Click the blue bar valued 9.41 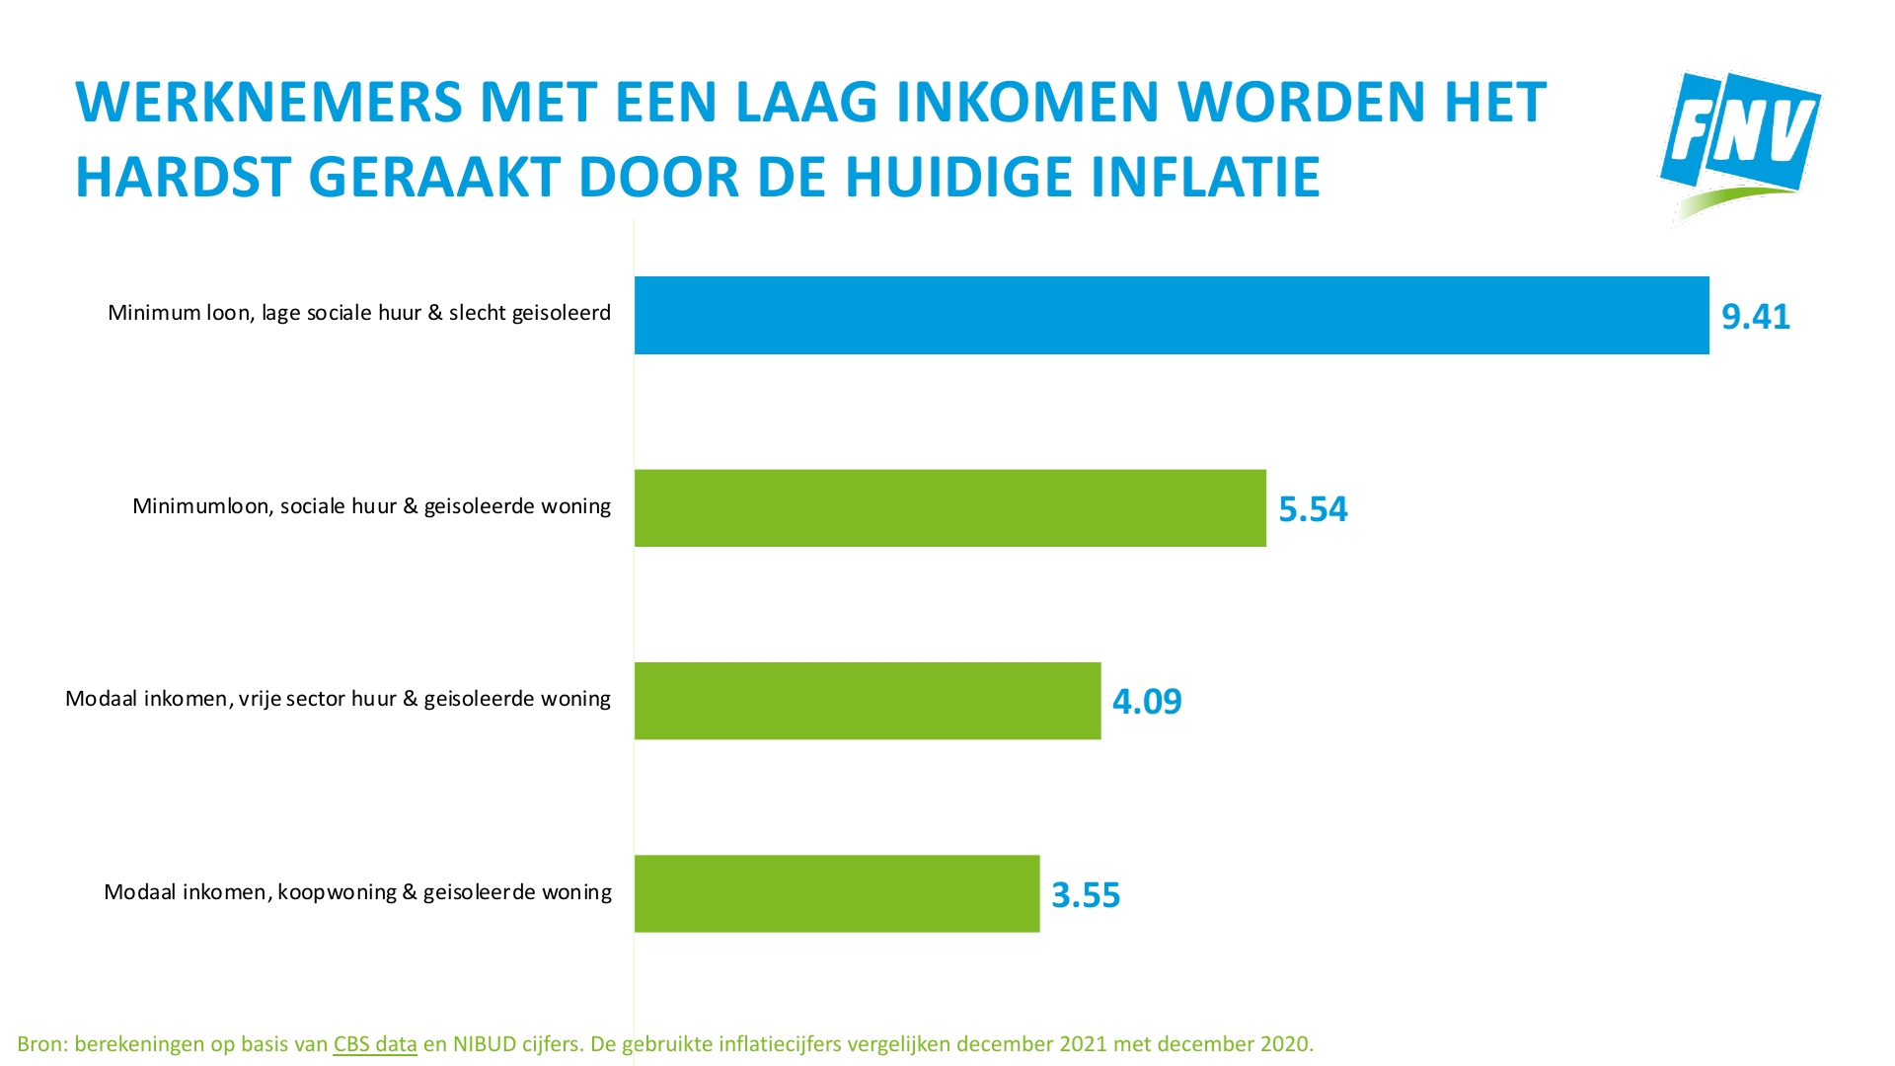1172,315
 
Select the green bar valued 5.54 949,508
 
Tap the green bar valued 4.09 867,701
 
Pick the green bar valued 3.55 836,893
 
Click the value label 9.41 1755,317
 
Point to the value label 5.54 1312,509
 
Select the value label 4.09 1146,702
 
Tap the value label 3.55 1085,895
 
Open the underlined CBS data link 374,1044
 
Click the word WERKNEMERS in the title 268,103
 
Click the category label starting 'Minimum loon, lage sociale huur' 358,313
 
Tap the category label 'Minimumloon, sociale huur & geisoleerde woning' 371,506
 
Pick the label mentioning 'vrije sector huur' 338,699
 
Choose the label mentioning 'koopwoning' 357,892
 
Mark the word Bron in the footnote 39,1044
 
